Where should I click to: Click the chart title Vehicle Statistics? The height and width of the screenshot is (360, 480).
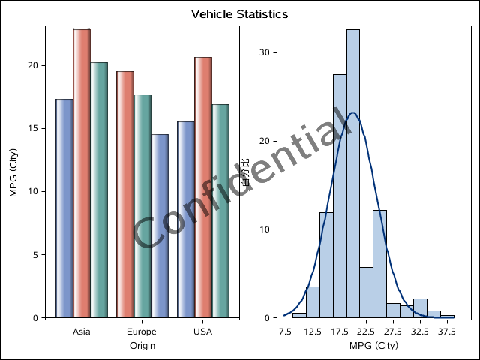click(x=239, y=14)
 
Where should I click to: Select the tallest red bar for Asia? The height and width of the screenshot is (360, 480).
click(x=82, y=172)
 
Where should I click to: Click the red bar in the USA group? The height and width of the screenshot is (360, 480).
click(x=203, y=187)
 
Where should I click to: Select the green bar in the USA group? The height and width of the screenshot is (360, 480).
click(x=220, y=210)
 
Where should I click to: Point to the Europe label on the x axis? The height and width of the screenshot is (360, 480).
click(x=142, y=331)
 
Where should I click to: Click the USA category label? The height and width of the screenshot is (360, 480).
click(x=202, y=331)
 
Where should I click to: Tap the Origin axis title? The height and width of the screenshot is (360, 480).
click(x=142, y=346)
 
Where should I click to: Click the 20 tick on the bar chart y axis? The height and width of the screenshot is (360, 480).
click(x=33, y=65)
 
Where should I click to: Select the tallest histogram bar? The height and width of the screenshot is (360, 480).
click(x=352, y=172)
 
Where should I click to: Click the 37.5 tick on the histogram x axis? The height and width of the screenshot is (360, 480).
click(x=447, y=331)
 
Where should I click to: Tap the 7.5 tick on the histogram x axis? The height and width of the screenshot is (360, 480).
click(x=286, y=331)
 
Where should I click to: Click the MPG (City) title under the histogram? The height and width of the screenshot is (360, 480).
click(x=373, y=346)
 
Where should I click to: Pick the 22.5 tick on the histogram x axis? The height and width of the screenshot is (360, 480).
click(x=366, y=331)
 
